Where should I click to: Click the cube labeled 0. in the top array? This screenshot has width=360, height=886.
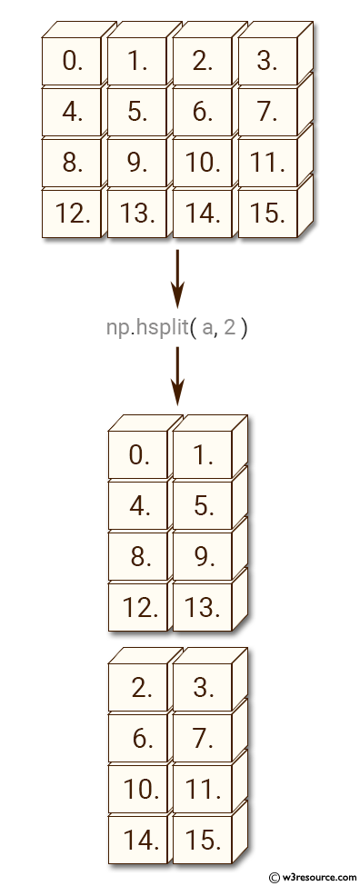(72, 62)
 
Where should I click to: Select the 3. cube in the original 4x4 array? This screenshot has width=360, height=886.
(266, 62)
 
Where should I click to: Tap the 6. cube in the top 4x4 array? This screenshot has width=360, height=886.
(202, 113)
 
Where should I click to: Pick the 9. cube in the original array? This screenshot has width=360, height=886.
(137, 164)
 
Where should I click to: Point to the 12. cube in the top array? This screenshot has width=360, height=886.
(72, 214)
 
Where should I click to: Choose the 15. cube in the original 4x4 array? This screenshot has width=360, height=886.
(266, 214)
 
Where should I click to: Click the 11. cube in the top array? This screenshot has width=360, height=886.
(266, 164)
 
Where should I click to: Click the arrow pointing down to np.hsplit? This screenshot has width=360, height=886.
(177, 280)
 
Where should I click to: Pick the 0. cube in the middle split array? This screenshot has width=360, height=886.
(138, 454)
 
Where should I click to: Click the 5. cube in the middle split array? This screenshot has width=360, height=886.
(203, 505)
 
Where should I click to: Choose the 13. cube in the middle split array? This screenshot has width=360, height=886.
(203, 607)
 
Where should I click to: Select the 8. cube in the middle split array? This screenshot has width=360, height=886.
(138, 556)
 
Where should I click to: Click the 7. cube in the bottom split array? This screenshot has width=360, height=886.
(203, 739)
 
